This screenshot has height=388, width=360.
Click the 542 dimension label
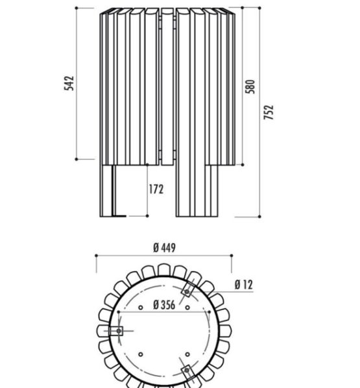[x=69, y=84]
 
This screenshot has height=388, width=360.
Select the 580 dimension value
[x=250, y=86]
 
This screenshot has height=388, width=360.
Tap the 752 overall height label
[x=269, y=112]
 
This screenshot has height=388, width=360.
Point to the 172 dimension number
[x=156, y=189]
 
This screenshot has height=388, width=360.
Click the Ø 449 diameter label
[x=165, y=248]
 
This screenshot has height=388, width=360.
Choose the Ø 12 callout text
[x=244, y=285]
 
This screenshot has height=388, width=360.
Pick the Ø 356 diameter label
[x=164, y=304]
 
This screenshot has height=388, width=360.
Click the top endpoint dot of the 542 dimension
[x=77, y=8]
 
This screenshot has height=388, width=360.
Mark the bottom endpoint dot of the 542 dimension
[x=77, y=159]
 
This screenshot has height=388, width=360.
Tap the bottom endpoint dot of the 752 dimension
[x=259, y=217]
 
